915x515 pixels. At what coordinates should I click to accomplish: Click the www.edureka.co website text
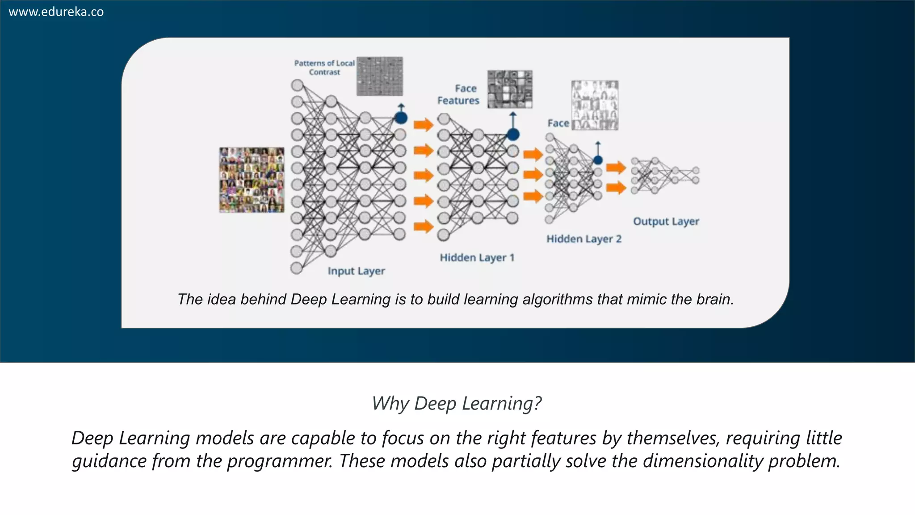[56, 12]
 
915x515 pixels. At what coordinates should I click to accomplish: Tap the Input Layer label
[356, 271]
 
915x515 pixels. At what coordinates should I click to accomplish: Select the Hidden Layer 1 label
[477, 257]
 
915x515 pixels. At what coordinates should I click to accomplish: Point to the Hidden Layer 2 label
[584, 239]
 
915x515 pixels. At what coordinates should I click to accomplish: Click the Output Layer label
[666, 221]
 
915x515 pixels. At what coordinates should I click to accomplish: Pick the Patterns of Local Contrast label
[324, 68]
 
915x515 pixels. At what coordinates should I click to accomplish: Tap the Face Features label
[459, 94]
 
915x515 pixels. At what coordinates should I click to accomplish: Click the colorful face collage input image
[252, 180]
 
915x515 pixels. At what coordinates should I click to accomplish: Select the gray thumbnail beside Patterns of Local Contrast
[380, 76]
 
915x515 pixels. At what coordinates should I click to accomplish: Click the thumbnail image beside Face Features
[510, 89]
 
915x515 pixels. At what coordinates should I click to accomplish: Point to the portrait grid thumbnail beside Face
[595, 105]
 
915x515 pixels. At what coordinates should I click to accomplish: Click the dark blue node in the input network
[401, 118]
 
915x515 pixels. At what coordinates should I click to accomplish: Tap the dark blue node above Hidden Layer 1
[513, 134]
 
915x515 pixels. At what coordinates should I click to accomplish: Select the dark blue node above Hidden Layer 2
[598, 160]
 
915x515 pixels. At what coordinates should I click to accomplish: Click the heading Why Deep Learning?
[457, 403]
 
